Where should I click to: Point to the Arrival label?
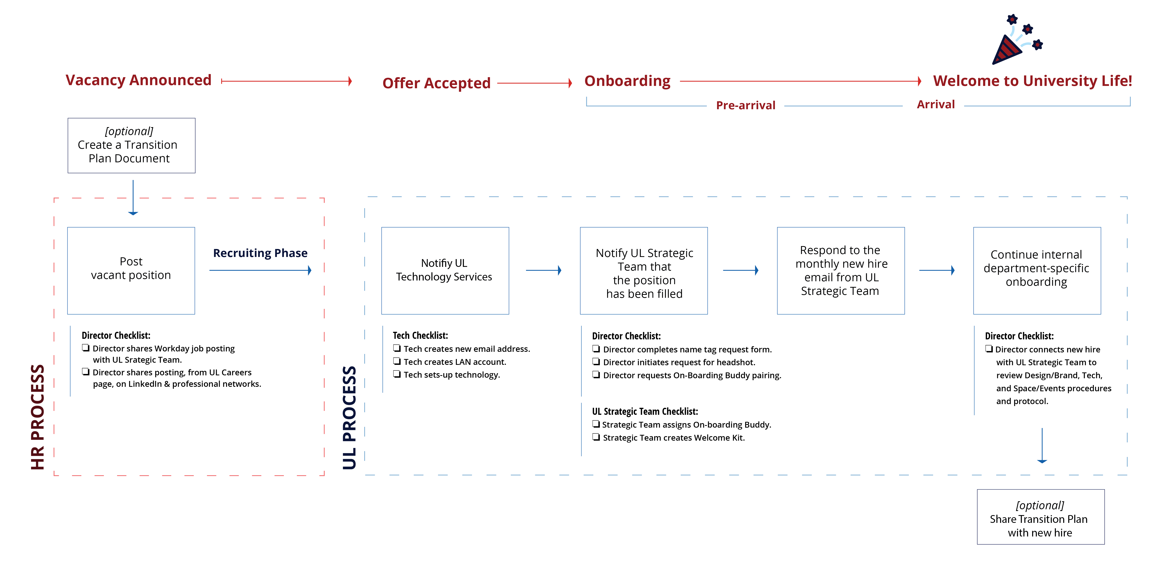936,104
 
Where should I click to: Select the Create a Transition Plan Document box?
131,146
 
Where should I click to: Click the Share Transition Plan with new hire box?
1041,517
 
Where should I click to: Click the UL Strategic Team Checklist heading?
645,411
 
